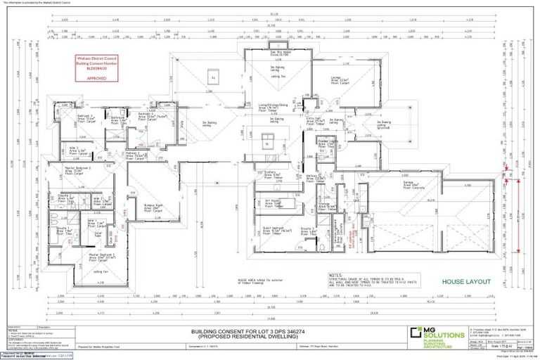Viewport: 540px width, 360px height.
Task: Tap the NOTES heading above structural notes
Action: [x=335, y=275]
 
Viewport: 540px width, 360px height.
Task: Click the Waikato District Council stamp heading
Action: [x=96, y=56]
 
